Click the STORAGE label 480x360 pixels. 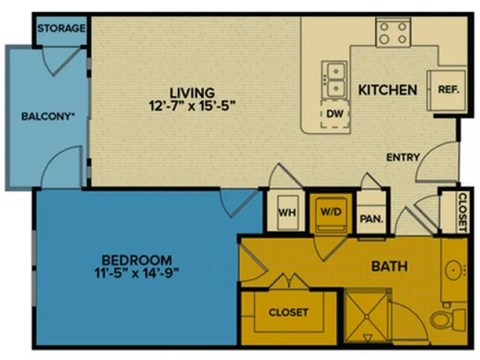60,28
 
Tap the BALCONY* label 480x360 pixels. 48,116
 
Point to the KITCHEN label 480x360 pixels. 387,91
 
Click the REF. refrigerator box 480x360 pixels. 447,89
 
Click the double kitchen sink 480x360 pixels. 335,77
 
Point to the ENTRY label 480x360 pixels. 404,157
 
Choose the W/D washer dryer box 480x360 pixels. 329,212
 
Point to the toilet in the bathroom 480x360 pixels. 445,321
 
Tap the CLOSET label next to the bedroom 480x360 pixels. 288,312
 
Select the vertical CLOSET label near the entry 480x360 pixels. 462,211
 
